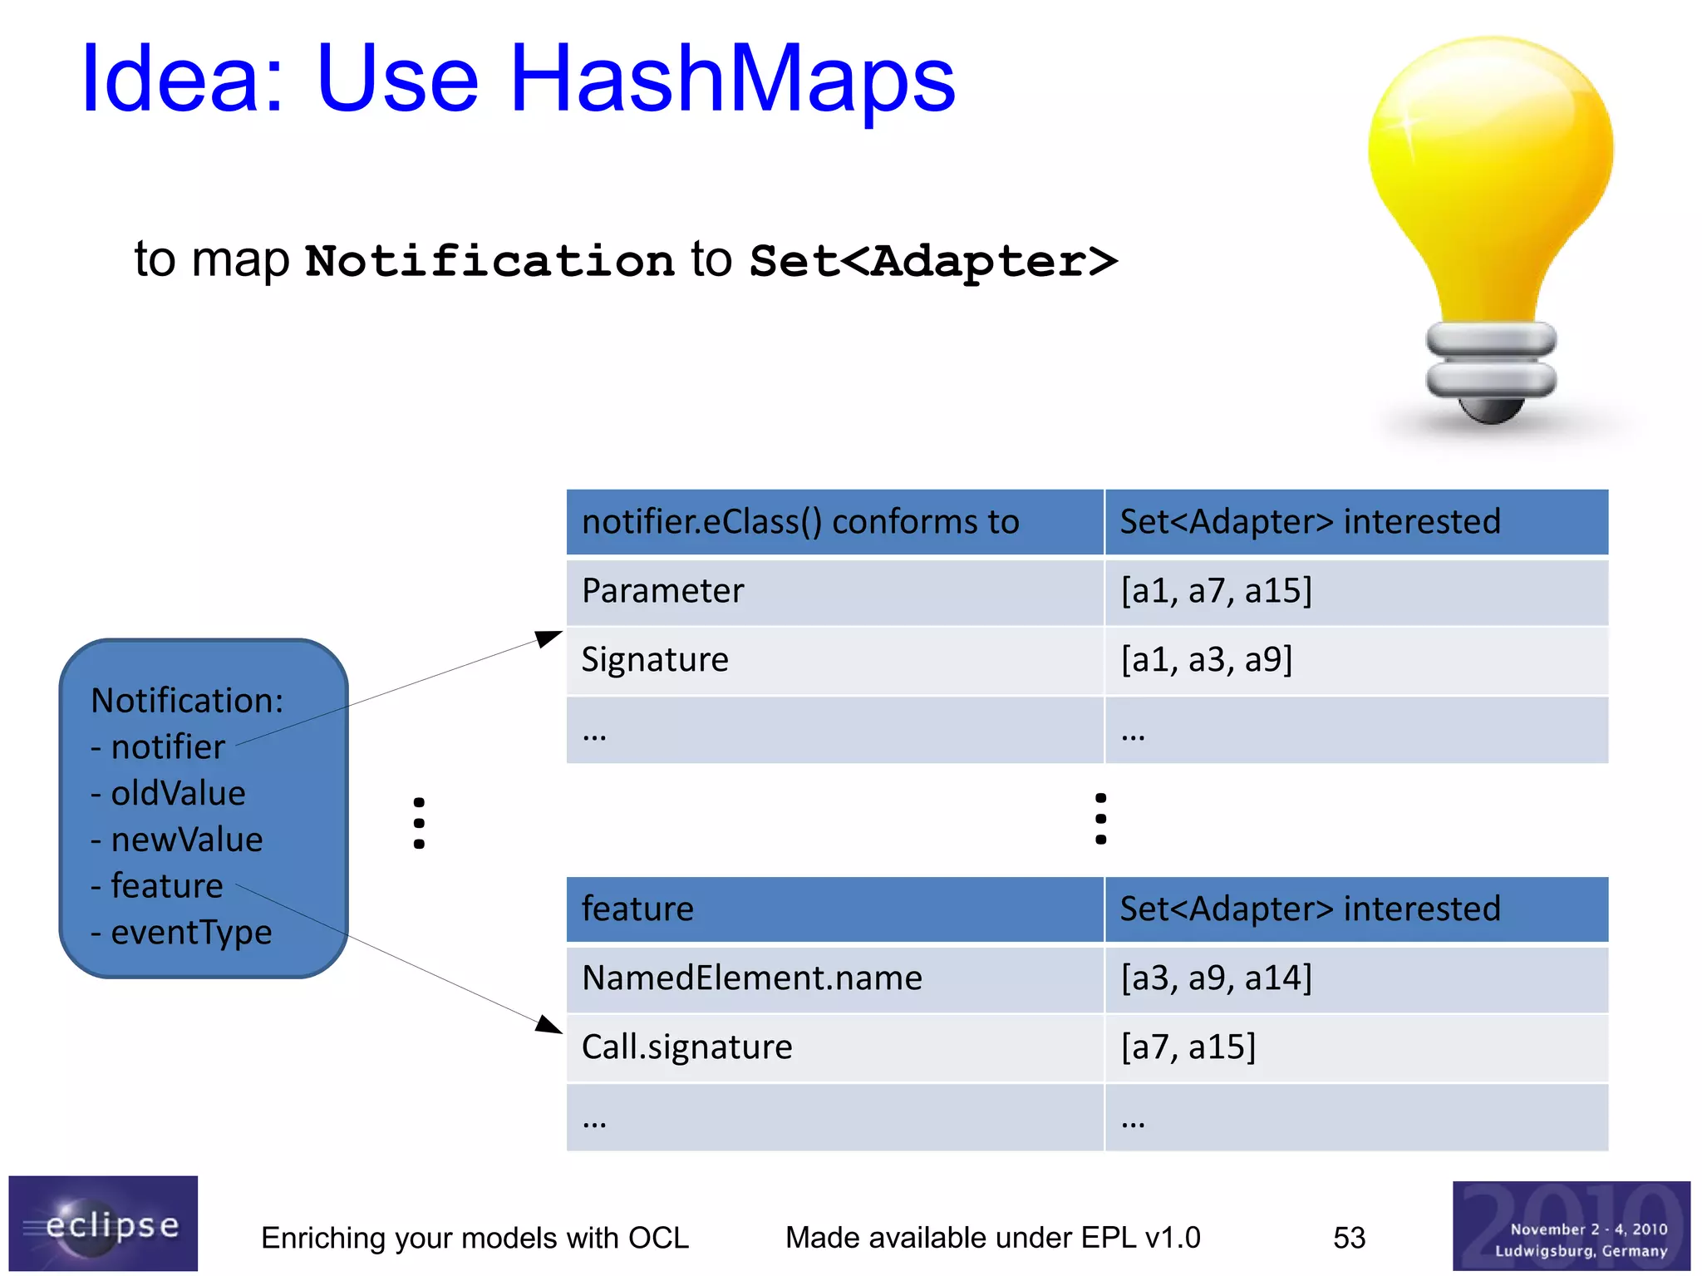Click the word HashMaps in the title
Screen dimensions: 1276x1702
coord(731,79)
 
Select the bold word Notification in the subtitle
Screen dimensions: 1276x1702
coord(489,261)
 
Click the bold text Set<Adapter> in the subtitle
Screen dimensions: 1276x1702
coord(932,261)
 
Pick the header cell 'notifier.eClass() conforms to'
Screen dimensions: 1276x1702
coord(834,522)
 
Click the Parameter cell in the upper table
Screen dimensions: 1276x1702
coord(834,591)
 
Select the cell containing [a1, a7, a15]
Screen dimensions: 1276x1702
coord(1355,591)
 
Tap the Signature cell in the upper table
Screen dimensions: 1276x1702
coord(834,660)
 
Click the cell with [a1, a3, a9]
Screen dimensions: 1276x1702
coord(1355,660)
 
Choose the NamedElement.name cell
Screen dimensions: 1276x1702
coord(834,978)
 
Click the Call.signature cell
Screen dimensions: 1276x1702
coord(834,1047)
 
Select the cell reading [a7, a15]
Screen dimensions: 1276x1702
coord(1355,1047)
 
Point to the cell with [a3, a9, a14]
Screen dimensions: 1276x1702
coord(1355,978)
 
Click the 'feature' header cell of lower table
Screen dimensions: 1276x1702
coord(834,909)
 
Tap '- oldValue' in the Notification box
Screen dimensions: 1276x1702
coord(169,793)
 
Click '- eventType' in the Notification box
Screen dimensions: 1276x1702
coord(181,932)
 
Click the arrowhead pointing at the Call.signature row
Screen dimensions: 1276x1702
coord(549,1025)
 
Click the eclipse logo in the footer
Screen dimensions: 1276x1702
coord(103,1224)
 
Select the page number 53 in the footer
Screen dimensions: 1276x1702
coord(1349,1238)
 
